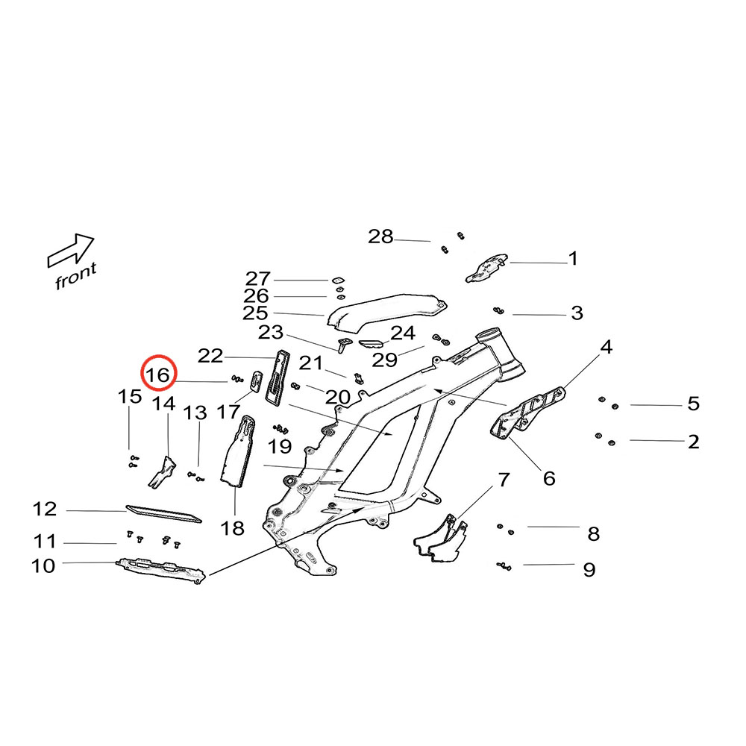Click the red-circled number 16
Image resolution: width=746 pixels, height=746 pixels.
[x=158, y=374]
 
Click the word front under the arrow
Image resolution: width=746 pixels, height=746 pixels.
[x=75, y=277]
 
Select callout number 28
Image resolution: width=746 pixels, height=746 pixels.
[x=380, y=237]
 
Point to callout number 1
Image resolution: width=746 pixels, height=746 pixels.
[x=573, y=259]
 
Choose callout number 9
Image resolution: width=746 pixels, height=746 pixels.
[x=589, y=570]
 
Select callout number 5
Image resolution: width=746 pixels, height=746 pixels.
[x=694, y=404]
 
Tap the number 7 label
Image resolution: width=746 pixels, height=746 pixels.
[x=504, y=478]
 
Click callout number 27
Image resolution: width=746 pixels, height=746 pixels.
[x=258, y=279]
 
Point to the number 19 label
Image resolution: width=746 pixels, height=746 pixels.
[x=280, y=448]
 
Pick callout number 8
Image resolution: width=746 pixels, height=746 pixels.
[x=593, y=533]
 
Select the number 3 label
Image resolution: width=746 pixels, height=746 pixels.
[x=577, y=313]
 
